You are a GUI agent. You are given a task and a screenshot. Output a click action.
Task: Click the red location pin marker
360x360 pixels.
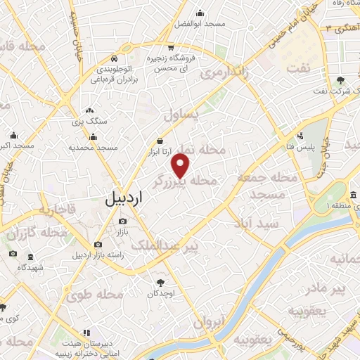pyautogui.click(x=181, y=166)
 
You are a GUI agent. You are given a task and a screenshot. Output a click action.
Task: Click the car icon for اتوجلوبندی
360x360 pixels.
pyautogui.click(x=124, y=59)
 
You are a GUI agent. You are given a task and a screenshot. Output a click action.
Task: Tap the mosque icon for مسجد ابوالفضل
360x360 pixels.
pyautogui.click(x=200, y=12)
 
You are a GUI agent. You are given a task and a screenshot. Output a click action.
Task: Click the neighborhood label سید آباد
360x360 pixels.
pyautogui.click(x=259, y=223)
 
